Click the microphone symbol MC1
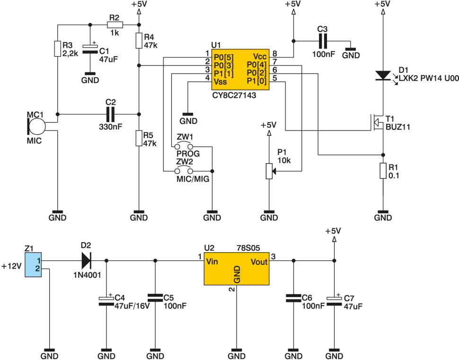point(36,126)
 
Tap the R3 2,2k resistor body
point(58,49)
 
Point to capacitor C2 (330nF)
point(110,114)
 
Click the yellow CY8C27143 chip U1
point(240,70)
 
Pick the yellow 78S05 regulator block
point(237,268)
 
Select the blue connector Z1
point(33,264)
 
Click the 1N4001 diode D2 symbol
point(86,261)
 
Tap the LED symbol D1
point(383,76)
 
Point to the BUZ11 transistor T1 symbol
point(378,123)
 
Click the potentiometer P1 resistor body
point(269,171)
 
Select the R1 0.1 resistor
point(383,171)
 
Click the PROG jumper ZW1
point(184,146)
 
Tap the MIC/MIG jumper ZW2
point(184,171)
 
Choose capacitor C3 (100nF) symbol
point(322,41)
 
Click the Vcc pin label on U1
point(260,56)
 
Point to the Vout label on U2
point(259,262)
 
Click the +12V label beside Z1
point(11,266)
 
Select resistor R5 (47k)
point(139,138)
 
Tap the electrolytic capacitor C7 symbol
point(334,301)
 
